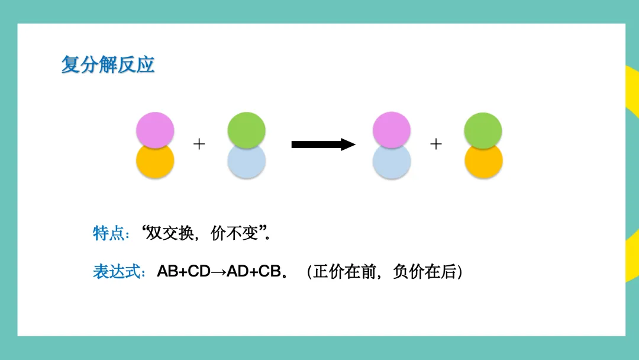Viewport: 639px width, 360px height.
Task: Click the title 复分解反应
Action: tap(108, 65)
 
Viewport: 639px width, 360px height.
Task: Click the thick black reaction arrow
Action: tap(322, 144)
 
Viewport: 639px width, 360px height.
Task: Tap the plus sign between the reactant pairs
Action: tap(199, 144)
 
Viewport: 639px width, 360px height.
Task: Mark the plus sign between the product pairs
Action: tap(436, 144)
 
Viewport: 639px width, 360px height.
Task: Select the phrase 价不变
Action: tap(235, 233)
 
